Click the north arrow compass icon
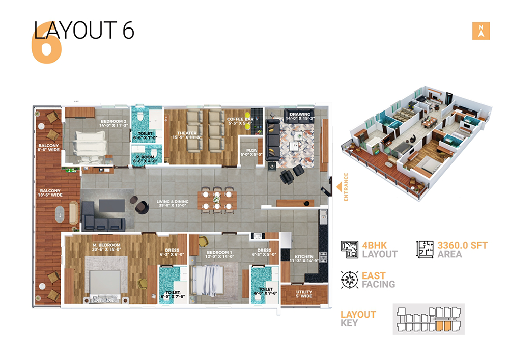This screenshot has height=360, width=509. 481,32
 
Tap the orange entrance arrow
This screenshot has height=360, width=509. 339,187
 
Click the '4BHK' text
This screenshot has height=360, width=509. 375,245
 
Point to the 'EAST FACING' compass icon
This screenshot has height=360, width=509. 349,280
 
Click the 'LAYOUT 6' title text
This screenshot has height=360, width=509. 84,31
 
